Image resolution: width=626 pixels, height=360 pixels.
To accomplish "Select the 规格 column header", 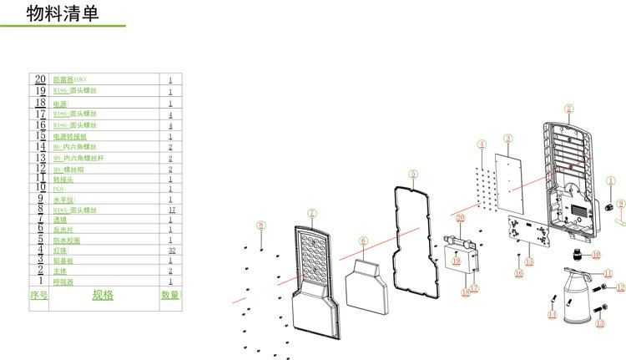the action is (103, 295).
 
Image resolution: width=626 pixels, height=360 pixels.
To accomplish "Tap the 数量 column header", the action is (169, 295).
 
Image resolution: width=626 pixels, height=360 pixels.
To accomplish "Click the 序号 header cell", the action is (38, 295).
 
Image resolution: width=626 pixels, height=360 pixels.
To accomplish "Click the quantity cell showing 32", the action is (171, 250).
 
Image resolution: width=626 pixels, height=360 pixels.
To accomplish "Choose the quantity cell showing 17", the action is (171, 210).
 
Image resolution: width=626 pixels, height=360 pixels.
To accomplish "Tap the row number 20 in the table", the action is (39, 79).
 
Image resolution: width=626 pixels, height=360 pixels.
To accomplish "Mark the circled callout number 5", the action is (412, 174).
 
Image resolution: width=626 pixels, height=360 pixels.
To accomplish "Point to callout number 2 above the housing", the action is (568, 108).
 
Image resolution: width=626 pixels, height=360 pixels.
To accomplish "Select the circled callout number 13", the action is (599, 323).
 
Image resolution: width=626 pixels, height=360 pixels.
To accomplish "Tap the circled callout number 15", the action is (529, 262).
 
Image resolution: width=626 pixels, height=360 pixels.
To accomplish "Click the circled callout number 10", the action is (596, 253).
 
